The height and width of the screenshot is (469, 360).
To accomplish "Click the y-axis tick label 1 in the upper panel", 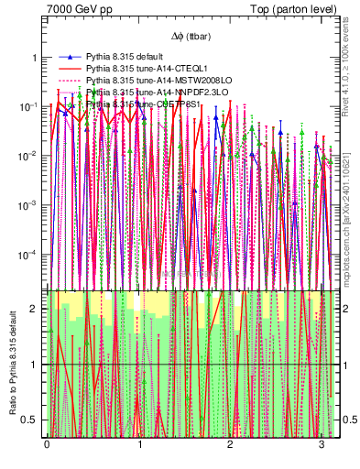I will [x=36, y=57].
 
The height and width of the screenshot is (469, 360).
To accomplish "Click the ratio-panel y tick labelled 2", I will [x=36, y=309].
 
